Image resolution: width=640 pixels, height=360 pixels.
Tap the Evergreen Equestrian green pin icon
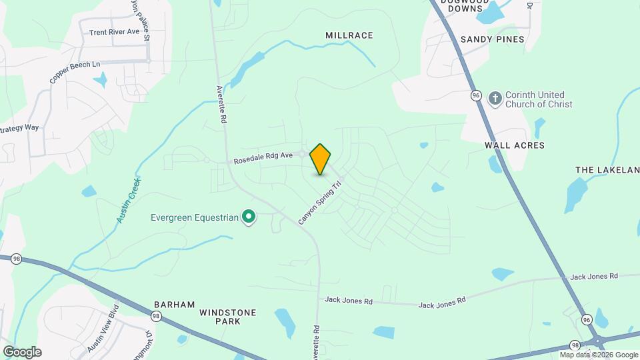pyautogui.click(x=249, y=216)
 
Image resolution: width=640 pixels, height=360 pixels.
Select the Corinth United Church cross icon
pyautogui.click(x=495, y=99)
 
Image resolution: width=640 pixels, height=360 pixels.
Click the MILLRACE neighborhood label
pyautogui.click(x=349, y=35)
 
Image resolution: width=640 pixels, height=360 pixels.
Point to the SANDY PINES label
pyautogui.click(x=493, y=39)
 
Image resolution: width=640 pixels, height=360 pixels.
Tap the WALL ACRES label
pyautogui.click(x=515, y=145)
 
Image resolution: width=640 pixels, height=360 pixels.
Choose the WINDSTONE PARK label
pyautogui.click(x=227, y=317)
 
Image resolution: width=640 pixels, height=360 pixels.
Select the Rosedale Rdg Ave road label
pyautogui.click(x=263, y=158)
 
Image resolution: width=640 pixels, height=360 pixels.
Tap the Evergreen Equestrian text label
pyautogui.click(x=194, y=217)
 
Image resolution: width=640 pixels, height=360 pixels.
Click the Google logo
pyautogui.click(x=22, y=351)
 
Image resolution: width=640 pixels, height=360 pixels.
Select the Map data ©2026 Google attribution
pyautogui.click(x=599, y=355)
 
